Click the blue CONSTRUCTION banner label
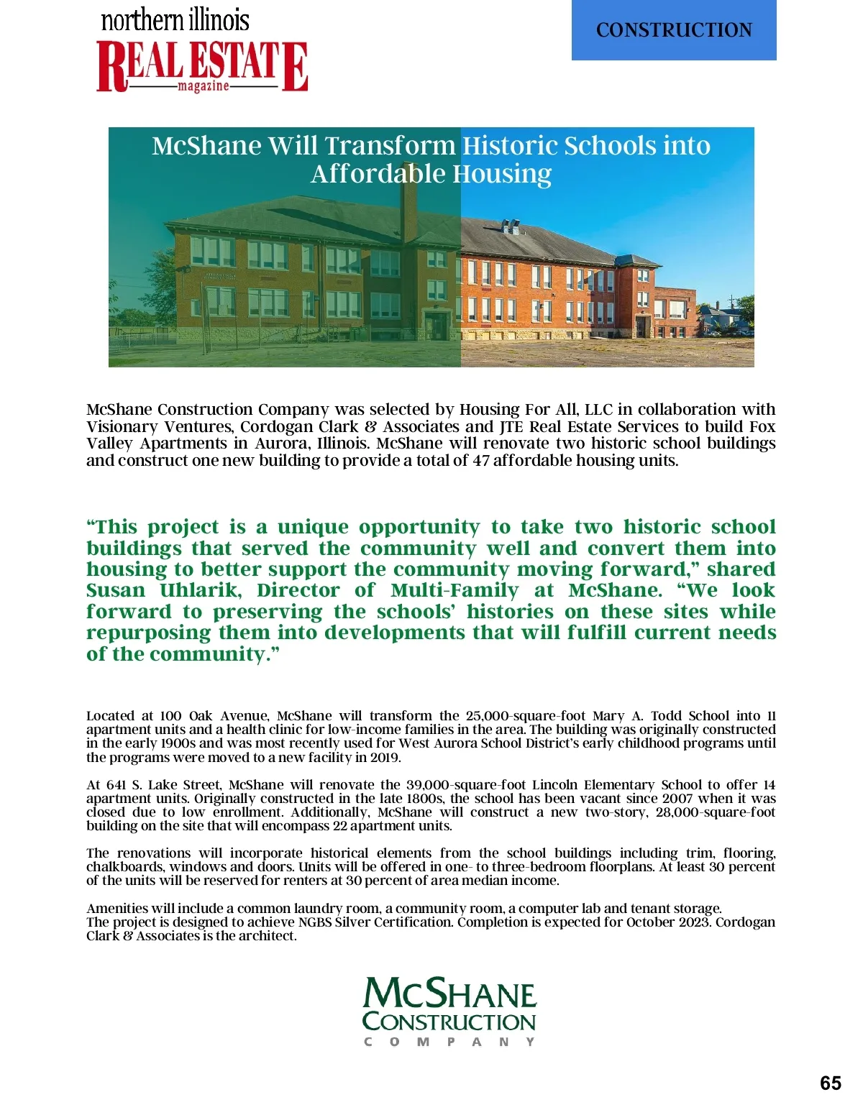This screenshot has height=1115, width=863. tap(674, 30)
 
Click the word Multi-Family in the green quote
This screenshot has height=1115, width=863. tap(455, 591)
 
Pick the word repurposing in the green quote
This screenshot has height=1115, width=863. tap(148, 633)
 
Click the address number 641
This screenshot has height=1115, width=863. tap(115, 785)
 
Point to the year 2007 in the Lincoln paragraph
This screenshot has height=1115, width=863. tap(677, 799)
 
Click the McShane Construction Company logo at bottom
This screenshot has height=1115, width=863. tap(449, 1010)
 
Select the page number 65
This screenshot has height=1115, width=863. tap(830, 1083)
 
